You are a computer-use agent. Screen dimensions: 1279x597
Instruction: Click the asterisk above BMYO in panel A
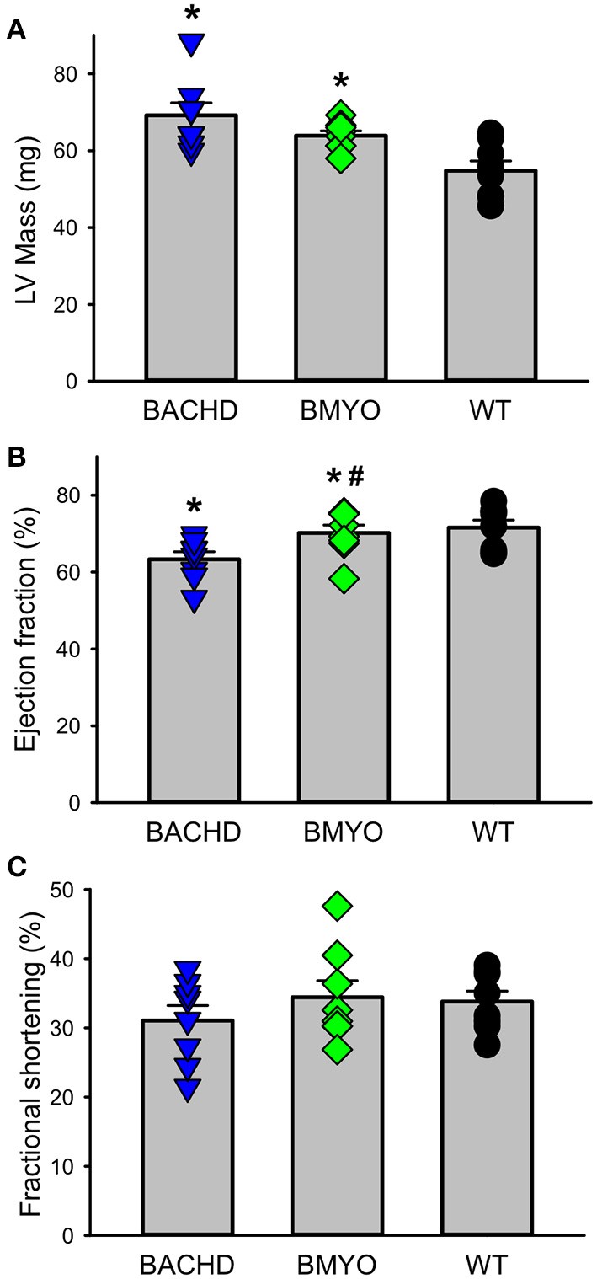click(x=340, y=83)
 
